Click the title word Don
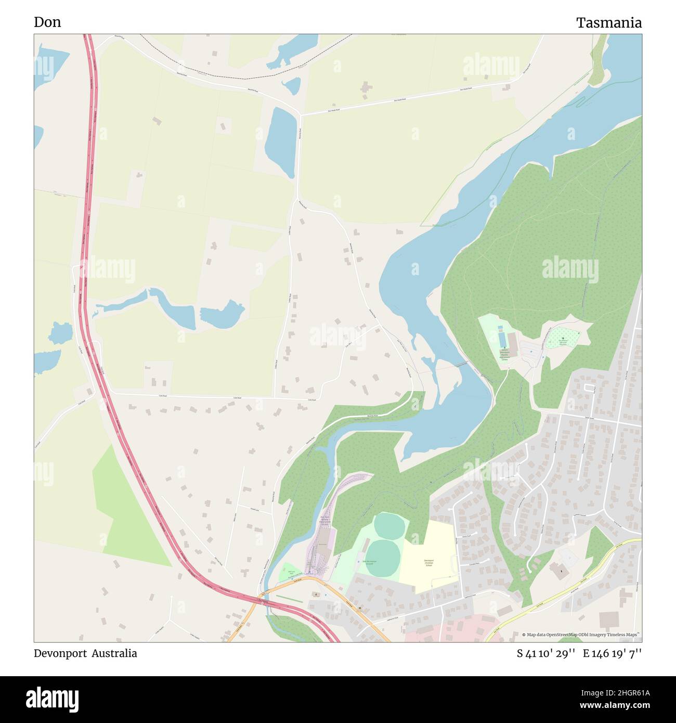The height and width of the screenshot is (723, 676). coord(47,22)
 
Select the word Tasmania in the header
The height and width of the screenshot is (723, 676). coord(608,22)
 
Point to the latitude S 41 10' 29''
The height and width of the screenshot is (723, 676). coord(545,653)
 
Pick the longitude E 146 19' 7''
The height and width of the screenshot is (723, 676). coord(612,653)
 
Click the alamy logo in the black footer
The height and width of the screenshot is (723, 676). coord(53,699)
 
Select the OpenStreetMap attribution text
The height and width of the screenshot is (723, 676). coord(581,635)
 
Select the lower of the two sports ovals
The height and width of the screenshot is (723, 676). coord(383,558)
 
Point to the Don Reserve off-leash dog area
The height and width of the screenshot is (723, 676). coord(563,338)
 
